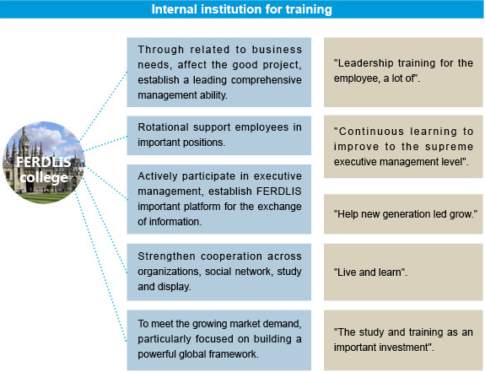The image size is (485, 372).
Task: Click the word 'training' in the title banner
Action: pos(309,9)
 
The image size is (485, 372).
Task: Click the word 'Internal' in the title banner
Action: pos(174,9)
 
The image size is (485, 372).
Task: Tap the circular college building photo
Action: pos(43,162)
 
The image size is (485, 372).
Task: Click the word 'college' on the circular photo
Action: pos(44,178)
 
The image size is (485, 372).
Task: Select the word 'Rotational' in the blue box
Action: pos(163,127)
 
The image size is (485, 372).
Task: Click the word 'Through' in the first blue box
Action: pos(161,50)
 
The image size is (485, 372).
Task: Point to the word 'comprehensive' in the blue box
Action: pos(267,80)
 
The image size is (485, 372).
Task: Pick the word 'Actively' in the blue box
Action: pos(158,176)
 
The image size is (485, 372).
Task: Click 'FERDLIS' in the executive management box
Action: pos(279,191)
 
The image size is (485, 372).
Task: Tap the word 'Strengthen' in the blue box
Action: pos(166,256)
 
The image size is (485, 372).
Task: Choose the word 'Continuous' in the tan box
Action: pos(371,132)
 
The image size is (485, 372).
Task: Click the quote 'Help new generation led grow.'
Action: pos(405,214)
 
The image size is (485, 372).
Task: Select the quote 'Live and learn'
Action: pos(370,272)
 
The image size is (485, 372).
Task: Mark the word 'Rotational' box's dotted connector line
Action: pos(105,143)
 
